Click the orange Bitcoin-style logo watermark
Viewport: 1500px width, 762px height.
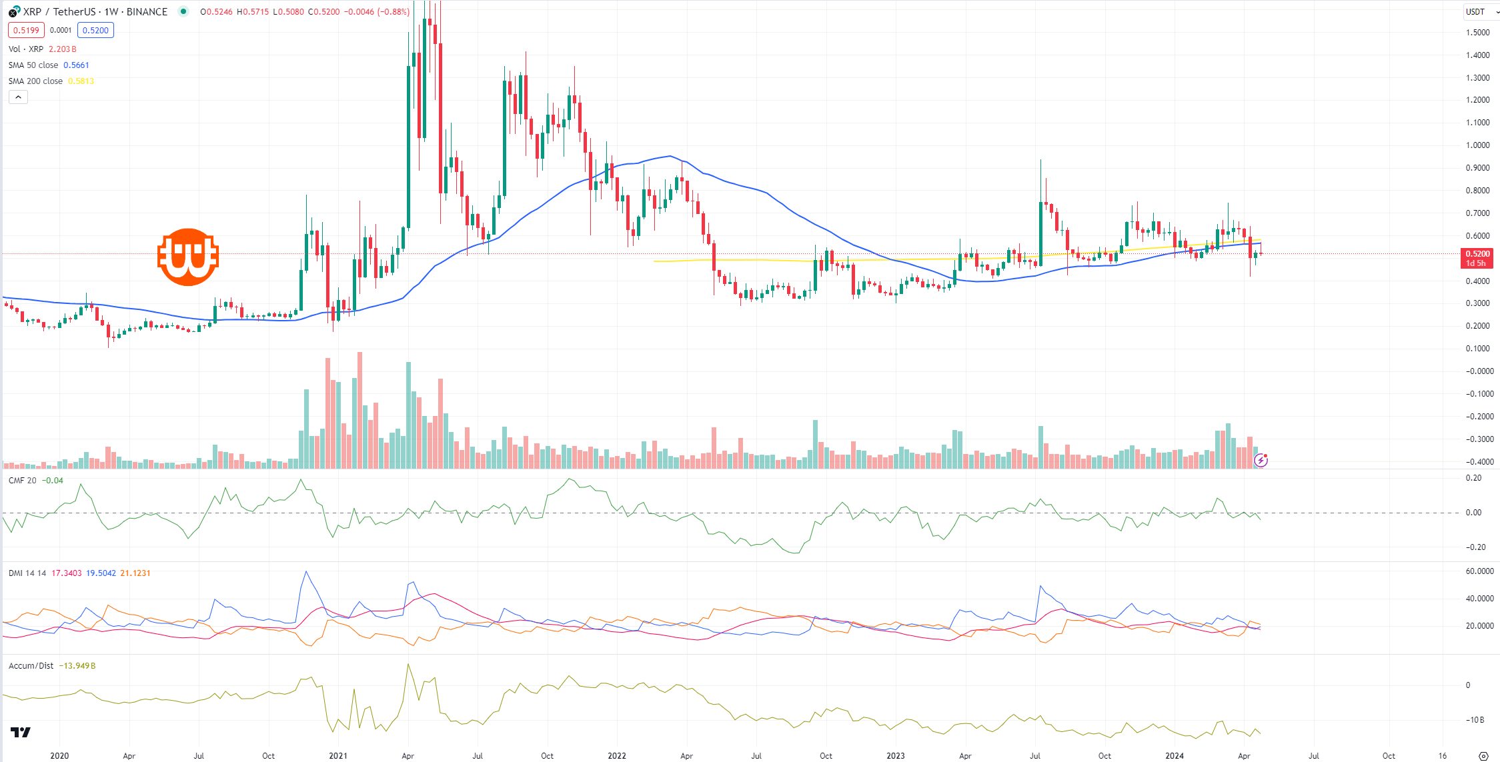click(x=188, y=257)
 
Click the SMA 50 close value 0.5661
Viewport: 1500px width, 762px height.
click(x=76, y=65)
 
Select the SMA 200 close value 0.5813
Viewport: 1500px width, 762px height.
click(x=81, y=81)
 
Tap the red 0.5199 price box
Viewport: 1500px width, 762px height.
click(x=26, y=30)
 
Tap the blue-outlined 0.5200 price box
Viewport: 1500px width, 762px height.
click(x=95, y=30)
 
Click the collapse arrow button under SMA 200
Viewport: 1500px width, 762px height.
click(x=18, y=97)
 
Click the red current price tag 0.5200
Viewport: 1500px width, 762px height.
click(x=1477, y=254)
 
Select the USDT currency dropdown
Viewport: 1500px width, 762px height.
click(x=1479, y=11)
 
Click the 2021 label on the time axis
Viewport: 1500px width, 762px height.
click(x=338, y=756)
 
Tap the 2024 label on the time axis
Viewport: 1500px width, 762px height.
click(x=1175, y=756)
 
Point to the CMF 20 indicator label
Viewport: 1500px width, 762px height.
click(x=23, y=481)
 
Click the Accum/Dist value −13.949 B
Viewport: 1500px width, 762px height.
click(x=77, y=666)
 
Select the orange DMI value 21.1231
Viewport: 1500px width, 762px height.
click(x=135, y=573)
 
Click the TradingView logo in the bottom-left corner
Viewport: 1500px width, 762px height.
click(x=21, y=733)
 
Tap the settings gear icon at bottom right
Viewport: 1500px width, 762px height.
click(x=1483, y=756)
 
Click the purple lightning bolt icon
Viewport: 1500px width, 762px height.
click(x=1261, y=460)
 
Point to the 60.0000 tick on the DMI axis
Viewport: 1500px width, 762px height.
click(x=1479, y=571)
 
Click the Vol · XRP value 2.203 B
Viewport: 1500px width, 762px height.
click(x=63, y=49)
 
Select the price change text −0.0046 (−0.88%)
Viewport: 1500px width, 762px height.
click(x=376, y=12)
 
